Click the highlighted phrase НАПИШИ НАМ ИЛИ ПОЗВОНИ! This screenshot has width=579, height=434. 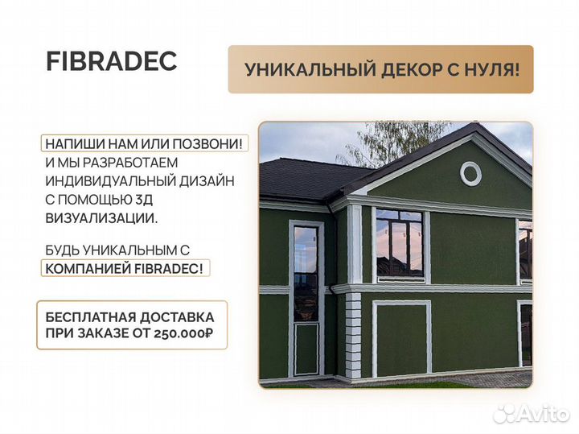click(144, 143)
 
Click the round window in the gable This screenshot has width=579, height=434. click(470, 173)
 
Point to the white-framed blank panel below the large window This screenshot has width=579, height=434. click(401, 338)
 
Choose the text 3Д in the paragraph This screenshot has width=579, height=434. click(224, 200)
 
